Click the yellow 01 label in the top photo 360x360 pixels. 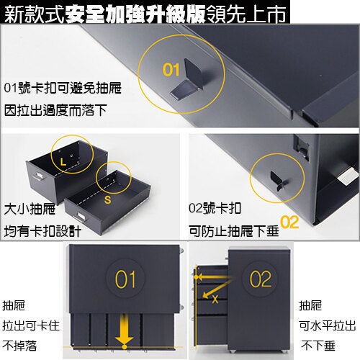[x=170, y=70]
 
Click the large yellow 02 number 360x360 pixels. [x=289, y=222]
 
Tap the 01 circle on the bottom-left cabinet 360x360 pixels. [x=125, y=279]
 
